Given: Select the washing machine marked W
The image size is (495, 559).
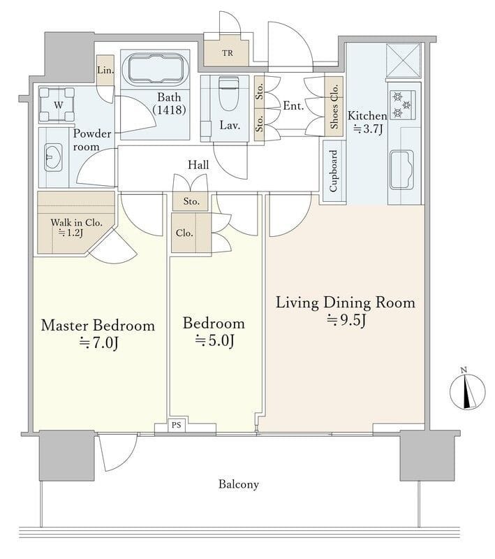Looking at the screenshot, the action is pyautogui.click(x=57, y=105).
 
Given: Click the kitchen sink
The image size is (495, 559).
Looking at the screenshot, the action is pyautogui.click(x=401, y=169).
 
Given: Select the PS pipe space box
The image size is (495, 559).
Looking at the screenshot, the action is pyautogui.click(x=176, y=425).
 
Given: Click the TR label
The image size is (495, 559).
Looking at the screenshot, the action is pyautogui.click(x=228, y=53).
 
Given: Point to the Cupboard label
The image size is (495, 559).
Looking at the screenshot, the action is pyautogui.click(x=333, y=170).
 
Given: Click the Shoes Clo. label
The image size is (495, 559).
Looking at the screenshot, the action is pyautogui.click(x=334, y=106).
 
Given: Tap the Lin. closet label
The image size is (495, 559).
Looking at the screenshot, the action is pyautogui.click(x=105, y=70).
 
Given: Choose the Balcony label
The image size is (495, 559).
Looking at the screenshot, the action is pyautogui.click(x=239, y=484).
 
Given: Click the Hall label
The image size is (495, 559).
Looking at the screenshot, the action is pyautogui.click(x=198, y=165).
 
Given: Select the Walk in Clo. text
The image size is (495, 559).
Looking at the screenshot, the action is pyautogui.click(x=76, y=222).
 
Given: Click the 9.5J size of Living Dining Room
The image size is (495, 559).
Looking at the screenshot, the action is pyautogui.click(x=346, y=320).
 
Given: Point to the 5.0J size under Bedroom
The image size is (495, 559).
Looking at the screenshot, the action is pyautogui.click(x=214, y=341).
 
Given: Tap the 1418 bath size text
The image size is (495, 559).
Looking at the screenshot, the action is pyautogui.click(x=169, y=110).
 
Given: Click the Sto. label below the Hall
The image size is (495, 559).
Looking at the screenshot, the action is pyautogui.click(x=191, y=201).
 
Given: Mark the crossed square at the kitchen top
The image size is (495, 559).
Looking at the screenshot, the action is pyautogui.click(x=404, y=60).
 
